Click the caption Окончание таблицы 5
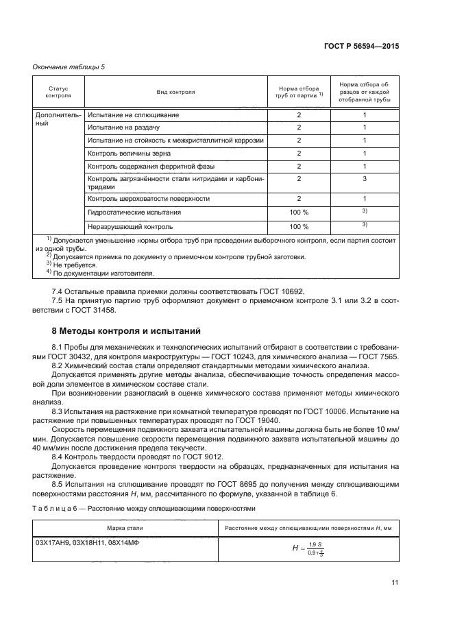click(69, 66)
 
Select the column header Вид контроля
click(176, 91)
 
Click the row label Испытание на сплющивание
click(134, 114)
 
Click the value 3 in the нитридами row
click(365, 179)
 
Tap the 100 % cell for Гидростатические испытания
click(299, 213)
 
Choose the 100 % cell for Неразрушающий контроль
click(299, 226)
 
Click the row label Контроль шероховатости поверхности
click(149, 199)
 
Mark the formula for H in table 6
click(307, 548)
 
